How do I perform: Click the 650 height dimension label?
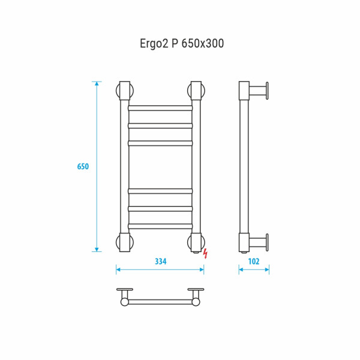click(x=83, y=166)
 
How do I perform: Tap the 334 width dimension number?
click(x=160, y=261)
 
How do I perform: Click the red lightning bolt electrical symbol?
click(x=205, y=253)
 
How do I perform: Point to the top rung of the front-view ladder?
click(x=160, y=108)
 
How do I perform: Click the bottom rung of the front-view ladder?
click(x=160, y=226)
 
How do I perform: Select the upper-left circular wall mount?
click(x=124, y=91)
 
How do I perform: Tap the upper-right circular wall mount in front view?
click(x=196, y=91)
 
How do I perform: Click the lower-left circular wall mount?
click(x=124, y=242)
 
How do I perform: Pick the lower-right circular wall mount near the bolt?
click(x=196, y=242)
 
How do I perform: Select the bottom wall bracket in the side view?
click(x=260, y=242)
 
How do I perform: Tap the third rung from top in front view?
click(x=160, y=144)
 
